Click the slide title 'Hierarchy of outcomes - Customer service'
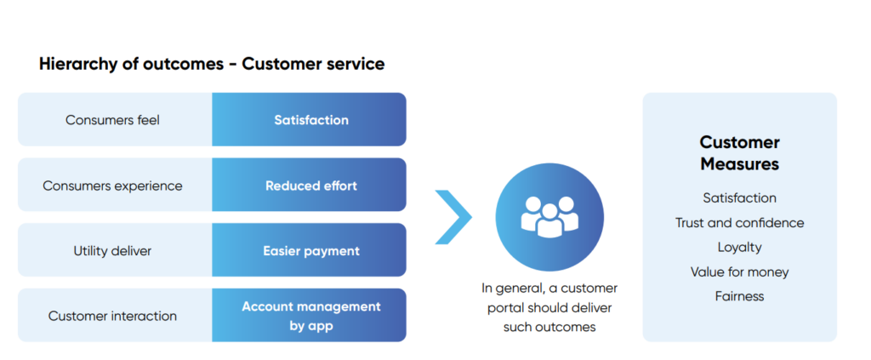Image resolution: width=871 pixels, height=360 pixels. point(212,64)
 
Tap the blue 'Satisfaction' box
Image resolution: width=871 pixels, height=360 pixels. point(310,120)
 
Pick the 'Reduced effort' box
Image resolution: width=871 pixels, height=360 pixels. point(310,186)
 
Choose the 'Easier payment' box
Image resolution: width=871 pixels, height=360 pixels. point(310,251)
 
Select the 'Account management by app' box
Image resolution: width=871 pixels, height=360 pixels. point(310,316)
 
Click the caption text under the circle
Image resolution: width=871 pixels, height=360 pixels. point(549,307)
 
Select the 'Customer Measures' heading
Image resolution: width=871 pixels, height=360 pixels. point(739,153)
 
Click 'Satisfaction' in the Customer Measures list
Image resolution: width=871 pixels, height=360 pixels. point(739,197)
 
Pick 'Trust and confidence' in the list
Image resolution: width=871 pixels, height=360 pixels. point(739,222)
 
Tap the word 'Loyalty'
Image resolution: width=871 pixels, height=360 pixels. point(739,247)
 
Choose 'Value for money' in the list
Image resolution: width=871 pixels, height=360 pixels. point(739,271)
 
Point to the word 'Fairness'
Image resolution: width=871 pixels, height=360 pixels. point(739,296)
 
